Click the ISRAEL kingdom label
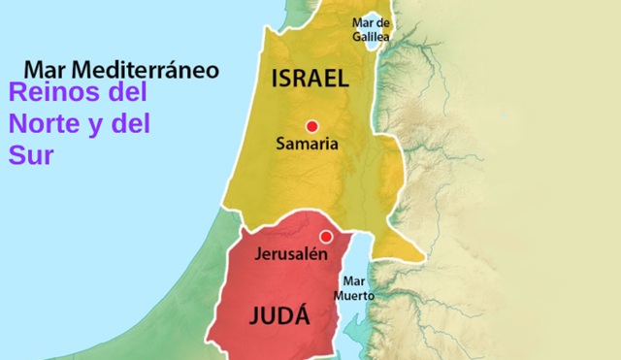tap(310, 80)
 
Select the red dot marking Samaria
tap(311, 125)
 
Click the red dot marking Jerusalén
tap(326, 237)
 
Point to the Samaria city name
tap(307, 146)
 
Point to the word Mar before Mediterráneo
tap(45, 70)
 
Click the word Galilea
tap(371, 37)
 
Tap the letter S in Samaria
tap(280, 146)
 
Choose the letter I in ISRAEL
tap(276, 80)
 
